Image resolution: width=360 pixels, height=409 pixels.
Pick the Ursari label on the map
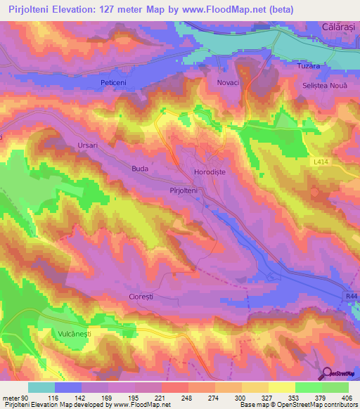coord(89,145)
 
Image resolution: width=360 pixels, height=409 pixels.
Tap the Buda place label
coord(141,169)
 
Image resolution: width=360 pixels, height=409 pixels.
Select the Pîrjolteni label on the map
coord(185,190)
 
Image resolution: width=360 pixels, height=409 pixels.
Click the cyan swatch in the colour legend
coord(41,387)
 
